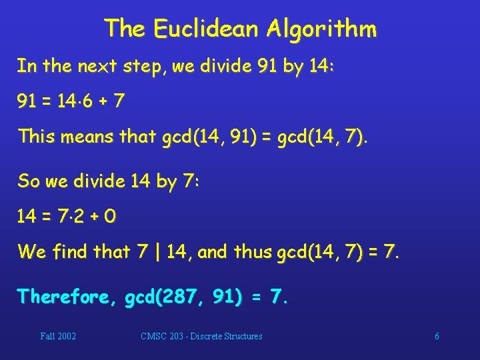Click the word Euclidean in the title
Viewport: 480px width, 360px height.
(x=206, y=28)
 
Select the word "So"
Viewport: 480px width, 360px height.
(x=29, y=180)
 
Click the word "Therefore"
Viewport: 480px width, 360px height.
(x=67, y=295)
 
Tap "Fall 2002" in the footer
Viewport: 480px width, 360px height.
(x=58, y=336)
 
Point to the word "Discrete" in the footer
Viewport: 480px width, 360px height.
(x=212, y=336)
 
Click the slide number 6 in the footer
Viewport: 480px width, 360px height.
(x=437, y=336)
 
